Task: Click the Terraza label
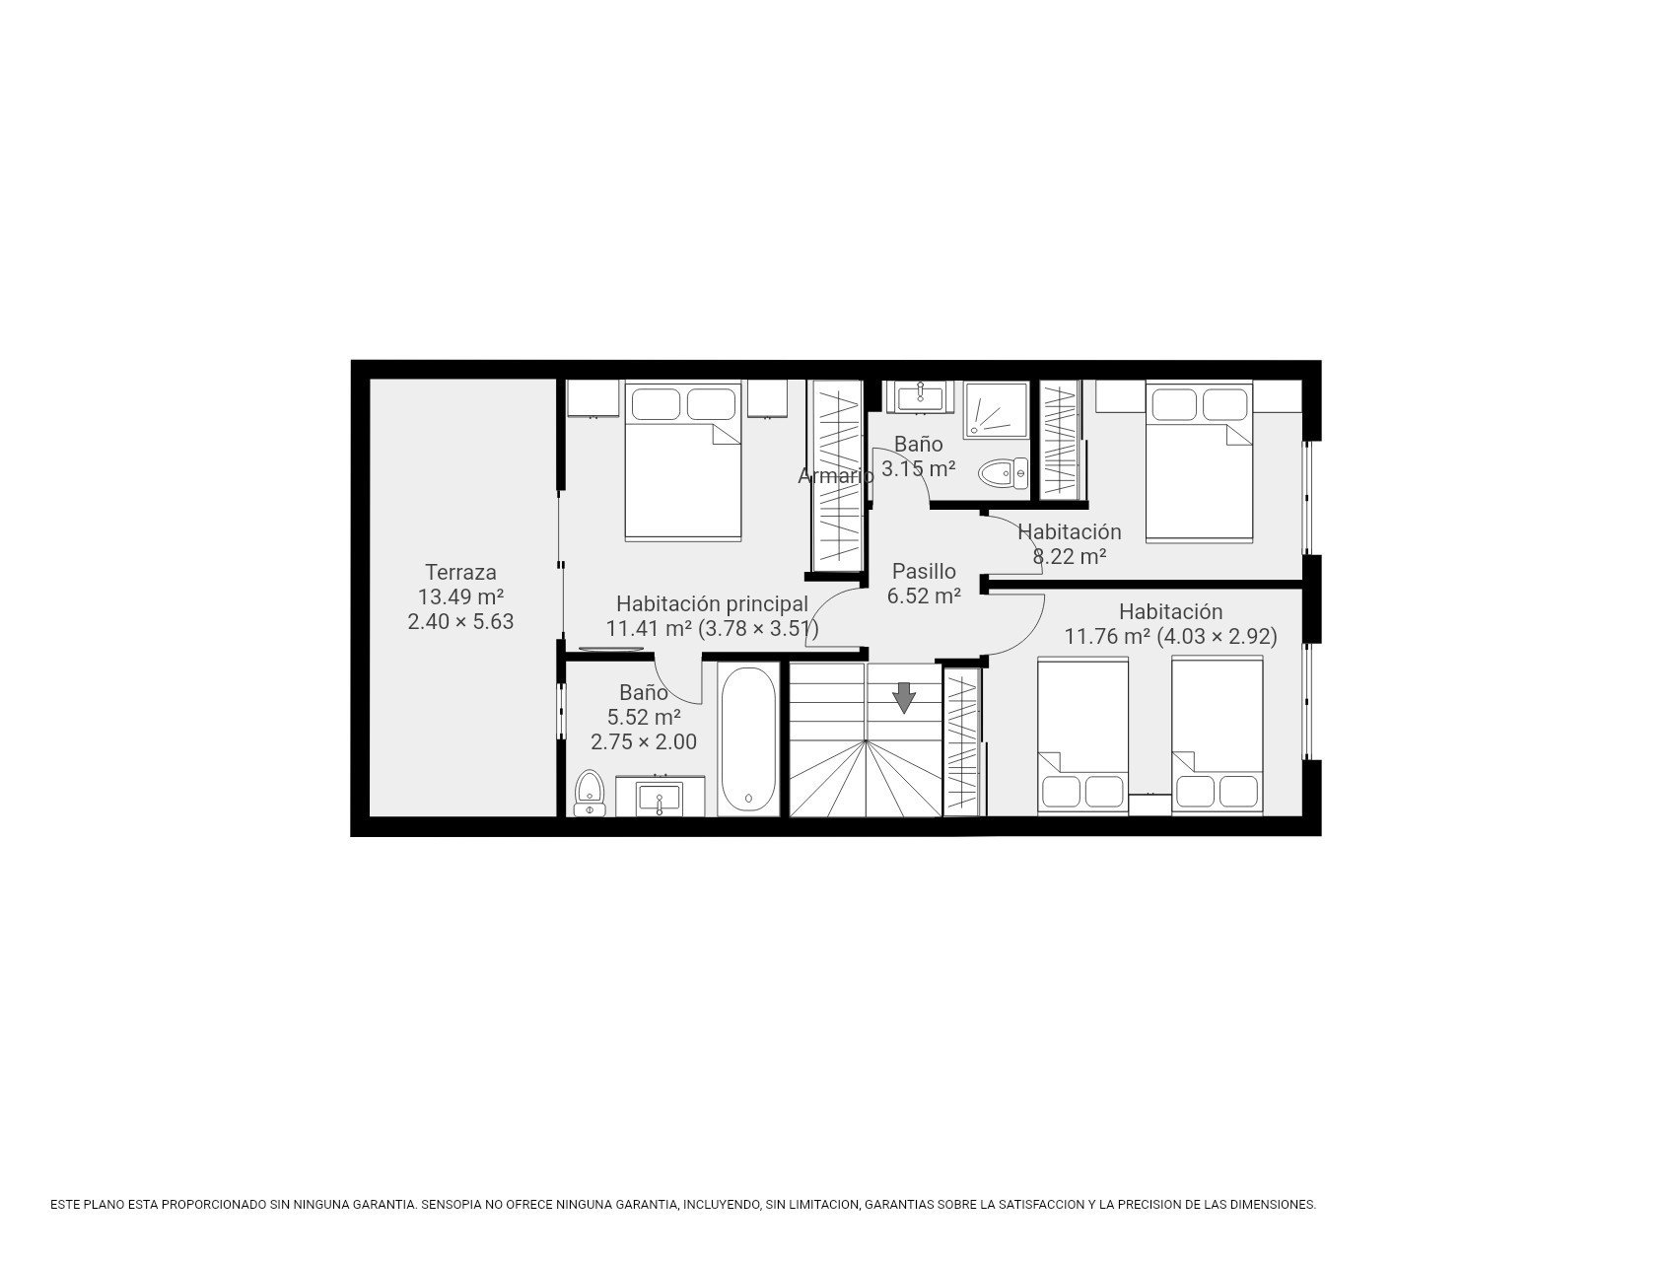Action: point(460,572)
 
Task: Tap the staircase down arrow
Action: point(904,697)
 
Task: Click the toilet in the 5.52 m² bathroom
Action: point(590,793)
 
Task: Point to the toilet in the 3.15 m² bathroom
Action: point(1003,474)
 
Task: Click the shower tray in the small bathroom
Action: point(996,410)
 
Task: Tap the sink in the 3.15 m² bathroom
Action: point(921,396)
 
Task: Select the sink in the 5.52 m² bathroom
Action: point(660,796)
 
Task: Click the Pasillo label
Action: point(924,571)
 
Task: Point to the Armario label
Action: point(836,476)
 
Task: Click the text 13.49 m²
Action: point(460,596)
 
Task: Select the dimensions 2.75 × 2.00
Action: point(644,741)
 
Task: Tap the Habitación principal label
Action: point(712,603)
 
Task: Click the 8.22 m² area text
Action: point(1070,556)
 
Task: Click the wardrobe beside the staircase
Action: point(963,741)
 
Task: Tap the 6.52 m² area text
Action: point(924,596)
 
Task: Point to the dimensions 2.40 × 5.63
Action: point(460,621)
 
